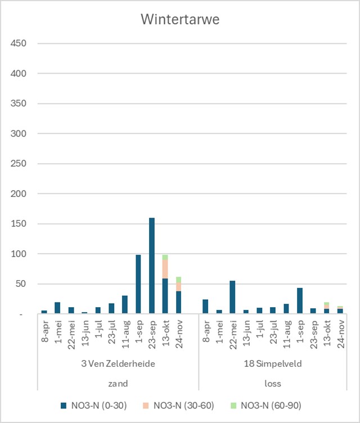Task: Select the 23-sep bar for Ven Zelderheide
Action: (x=152, y=265)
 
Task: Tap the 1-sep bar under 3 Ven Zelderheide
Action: (x=138, y=284)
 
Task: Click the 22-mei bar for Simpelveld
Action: (x=232, y=297)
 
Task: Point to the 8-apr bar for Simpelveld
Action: (x=205, y=307)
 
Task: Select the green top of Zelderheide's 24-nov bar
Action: (x=179, y=280)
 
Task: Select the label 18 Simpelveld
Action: (x=273, y=364)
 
